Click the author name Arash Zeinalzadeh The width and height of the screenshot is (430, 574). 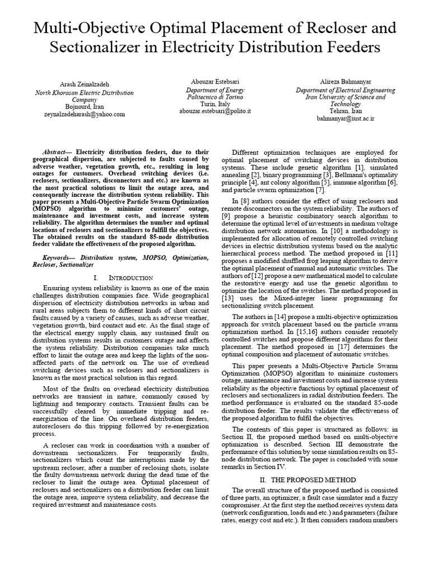(85, 84)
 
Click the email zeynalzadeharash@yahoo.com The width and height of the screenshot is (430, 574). (85, 113)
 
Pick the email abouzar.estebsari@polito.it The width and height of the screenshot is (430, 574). (214, 111)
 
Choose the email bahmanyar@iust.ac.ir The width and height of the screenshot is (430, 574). (345, 119)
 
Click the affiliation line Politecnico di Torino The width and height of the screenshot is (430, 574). (214, 96)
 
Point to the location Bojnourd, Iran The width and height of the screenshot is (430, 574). (85, 106)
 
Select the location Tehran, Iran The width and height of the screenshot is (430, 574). (345, 111)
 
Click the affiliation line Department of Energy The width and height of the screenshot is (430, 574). (214, 89)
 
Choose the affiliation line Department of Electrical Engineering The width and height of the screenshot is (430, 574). (345, 90)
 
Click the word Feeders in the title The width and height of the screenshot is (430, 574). (352, 47)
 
